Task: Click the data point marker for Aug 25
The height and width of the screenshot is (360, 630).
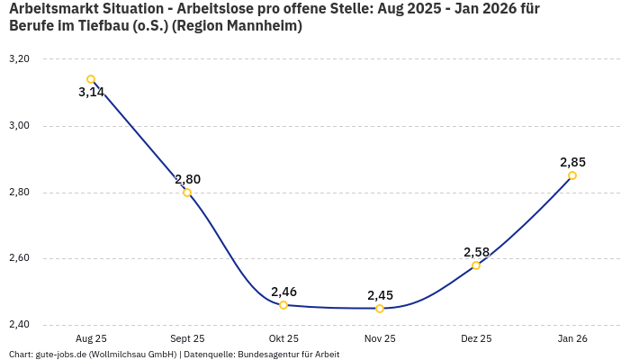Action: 91,79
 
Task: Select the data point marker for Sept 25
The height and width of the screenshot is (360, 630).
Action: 187,193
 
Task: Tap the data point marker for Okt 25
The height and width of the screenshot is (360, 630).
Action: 283,305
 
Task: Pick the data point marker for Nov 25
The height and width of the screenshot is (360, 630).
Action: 380,309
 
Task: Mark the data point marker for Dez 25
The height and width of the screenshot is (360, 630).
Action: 476,265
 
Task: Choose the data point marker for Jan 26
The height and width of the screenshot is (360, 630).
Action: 572,175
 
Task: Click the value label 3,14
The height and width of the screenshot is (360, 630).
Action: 92,93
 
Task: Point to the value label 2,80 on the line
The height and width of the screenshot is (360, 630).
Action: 187,179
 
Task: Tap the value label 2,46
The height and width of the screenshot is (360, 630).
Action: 283,292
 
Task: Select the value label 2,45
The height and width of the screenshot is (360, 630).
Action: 380,295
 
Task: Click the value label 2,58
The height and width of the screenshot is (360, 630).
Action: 476,252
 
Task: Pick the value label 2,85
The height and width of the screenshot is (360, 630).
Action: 572,162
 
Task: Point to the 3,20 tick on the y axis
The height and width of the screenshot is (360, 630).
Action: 19,59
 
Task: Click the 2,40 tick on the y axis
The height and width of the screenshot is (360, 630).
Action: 19,325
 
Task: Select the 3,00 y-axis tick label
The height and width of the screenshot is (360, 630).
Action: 19,126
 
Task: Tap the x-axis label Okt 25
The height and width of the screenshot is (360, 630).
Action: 283,338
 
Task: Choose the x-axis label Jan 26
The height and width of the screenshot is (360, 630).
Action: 572,338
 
